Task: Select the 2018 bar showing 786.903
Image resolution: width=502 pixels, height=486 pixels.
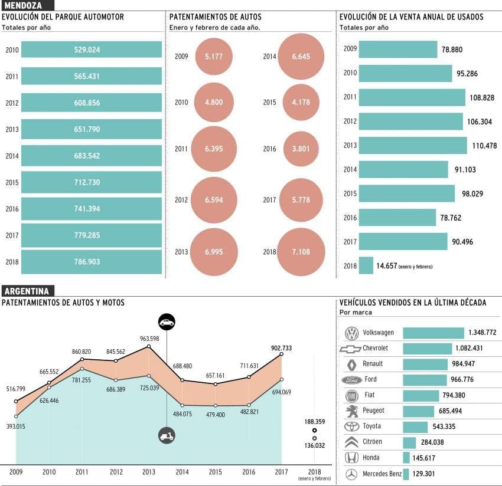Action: pyautogui.click(x=83, y=261)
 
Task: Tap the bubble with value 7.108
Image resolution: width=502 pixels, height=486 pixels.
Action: pyautogui.click(x=301, y=252)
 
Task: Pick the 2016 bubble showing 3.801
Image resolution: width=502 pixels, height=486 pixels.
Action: pyautogui.click(x=301, y=149)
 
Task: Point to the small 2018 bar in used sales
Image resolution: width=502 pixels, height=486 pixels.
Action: pyautogui.click(x=366, y=265)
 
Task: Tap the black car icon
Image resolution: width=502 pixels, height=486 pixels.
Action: pyautogui.click(x=167, y=322)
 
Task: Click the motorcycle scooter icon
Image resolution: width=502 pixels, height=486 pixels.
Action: pyautogui.click(x=167, y=436)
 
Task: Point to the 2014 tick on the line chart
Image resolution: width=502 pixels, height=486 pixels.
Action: pyautogui.click(x=182, y=471)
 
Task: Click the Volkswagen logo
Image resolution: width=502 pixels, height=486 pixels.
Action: pyautogui.click(x=351, y=333)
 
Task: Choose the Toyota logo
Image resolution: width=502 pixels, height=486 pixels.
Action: pyautogui.click(x=351, y=426)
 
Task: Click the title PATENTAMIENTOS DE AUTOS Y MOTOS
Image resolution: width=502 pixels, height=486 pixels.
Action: pyautogui.click(x=63, y=303)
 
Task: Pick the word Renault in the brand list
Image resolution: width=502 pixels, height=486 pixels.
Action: pyautogui.click(x=373, y=364)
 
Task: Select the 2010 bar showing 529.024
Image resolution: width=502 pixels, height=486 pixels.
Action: pyautogui.click(x=83, y=50)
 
